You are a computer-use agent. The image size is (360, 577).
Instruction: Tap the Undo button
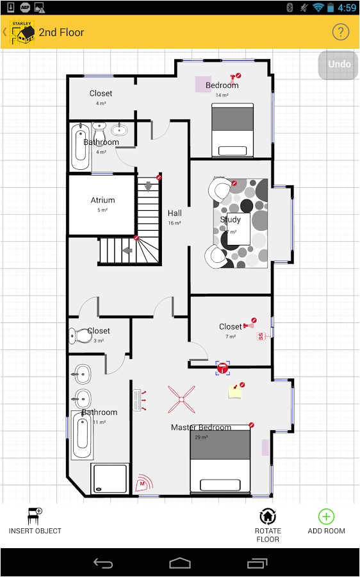click(x=339, y=64)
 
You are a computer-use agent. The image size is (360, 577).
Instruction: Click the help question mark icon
click(x=340, y=32)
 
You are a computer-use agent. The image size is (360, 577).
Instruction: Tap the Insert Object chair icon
click(x=35, y=515)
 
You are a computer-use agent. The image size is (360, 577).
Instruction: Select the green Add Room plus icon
click(x=326, y=516)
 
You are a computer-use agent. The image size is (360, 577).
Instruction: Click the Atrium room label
click(x=102, y=200)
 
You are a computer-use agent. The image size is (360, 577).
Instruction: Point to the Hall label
click(x=174, y=213)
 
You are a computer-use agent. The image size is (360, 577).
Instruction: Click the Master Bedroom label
click(x=201, y=427)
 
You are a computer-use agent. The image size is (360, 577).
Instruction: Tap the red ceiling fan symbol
click(x=181, y=399)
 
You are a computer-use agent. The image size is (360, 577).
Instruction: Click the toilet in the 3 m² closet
click(x=79, y=335)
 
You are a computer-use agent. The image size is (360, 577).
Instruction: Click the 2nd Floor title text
click(x=61, y=32)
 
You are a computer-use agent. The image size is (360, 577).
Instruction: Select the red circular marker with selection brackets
click(x=222, y=367)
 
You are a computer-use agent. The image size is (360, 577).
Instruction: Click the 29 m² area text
click(x=201, y=437)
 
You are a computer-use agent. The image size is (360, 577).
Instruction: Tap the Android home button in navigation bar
click(x=180, y=563)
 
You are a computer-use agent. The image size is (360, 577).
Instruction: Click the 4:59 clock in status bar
click(x=347, y=8)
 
